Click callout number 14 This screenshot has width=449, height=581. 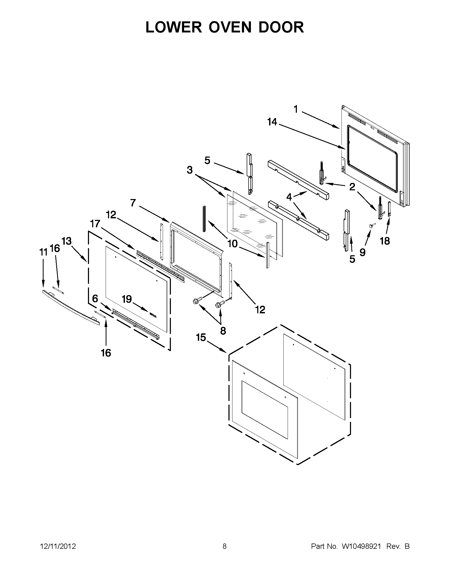pos(272,122)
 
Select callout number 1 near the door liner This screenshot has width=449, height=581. pos(296,109)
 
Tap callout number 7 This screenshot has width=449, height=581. pos(133,203)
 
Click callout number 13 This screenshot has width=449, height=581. pos(67,241)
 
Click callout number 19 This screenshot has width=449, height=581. pos(127,299)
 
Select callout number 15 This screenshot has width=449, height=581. pos(201,338)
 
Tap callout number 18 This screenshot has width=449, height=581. pos(385,241)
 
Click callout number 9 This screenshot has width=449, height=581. pos(362,252)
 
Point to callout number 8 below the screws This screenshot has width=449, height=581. pos(223,331)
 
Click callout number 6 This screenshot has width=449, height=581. pos(95,299)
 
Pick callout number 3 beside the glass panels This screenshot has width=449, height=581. pos(189,170)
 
